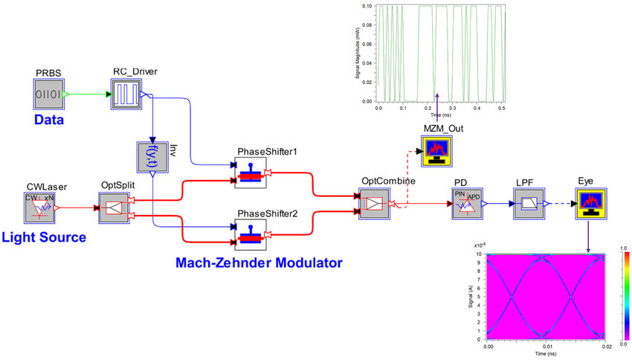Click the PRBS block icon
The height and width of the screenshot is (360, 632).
click(49, 95)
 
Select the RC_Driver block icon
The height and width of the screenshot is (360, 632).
click(126, 95)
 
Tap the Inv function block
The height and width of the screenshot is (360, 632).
click(151, 156)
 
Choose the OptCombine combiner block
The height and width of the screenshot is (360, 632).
click(374, 203)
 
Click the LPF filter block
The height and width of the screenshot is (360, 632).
click(526, 203)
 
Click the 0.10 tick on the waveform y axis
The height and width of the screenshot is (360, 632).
click(369, 6)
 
